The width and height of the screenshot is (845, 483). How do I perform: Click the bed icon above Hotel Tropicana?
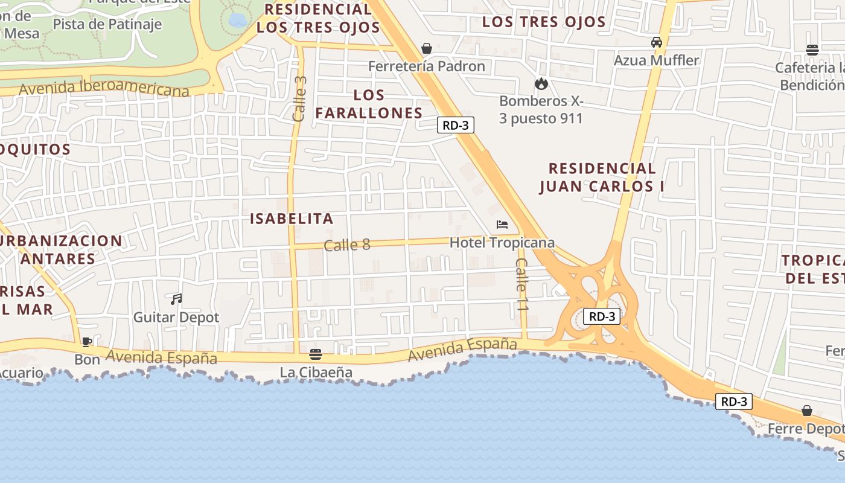502,225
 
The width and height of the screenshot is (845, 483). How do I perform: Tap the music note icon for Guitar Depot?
176,299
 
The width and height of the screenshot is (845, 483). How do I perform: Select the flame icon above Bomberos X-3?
541,83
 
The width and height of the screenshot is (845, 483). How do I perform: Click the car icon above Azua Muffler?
656,42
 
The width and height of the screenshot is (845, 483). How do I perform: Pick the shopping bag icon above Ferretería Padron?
427,48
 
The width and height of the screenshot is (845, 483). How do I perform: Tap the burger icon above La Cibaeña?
316,354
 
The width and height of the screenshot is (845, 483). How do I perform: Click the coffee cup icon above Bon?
87,342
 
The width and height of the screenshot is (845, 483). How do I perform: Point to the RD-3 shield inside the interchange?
602,316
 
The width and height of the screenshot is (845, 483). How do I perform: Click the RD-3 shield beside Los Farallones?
456,125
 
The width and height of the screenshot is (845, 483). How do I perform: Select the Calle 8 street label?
347,245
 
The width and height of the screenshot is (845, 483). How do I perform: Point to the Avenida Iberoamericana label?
104,88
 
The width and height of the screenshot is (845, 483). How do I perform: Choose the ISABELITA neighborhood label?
292,219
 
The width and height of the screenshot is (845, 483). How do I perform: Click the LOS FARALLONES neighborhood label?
369,104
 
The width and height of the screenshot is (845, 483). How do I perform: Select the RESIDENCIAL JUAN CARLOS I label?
602,177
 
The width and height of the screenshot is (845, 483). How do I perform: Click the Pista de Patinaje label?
107,24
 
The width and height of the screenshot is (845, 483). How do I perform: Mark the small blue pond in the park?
238,21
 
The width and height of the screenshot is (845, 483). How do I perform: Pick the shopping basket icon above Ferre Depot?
807,411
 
